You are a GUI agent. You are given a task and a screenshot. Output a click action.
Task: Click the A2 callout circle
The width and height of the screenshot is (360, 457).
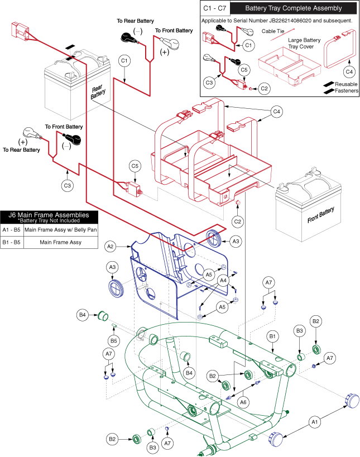tap(111, 246)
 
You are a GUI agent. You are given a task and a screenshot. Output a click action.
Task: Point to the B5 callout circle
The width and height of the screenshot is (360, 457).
tap(114, 340)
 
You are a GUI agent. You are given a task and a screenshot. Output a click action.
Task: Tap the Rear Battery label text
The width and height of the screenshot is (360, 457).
tap(99, 93)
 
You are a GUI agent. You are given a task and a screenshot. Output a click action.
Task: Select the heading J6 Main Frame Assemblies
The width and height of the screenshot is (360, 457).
tap(49, 214)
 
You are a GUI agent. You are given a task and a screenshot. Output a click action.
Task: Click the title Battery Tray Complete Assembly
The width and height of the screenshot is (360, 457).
tap(285, 8)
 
